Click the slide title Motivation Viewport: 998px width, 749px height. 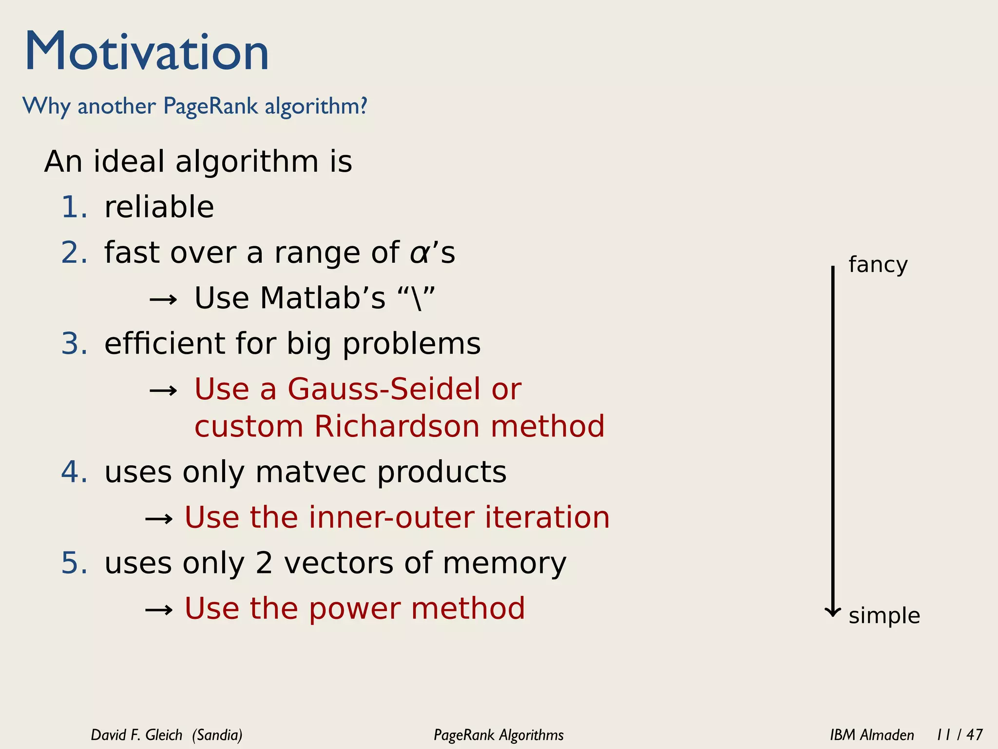point(147,52)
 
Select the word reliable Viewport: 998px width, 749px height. point(159,207)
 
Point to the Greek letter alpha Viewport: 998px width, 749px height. point(419,254)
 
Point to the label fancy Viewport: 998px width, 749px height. point(878,265)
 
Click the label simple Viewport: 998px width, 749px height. point(884,615)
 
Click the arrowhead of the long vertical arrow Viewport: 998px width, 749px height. point(833,612)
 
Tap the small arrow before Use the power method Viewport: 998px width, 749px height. point(159,610)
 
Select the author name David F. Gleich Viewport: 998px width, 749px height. point(136,735)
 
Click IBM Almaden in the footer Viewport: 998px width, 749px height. point(872,735)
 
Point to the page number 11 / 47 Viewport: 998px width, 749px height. point(959,735)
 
